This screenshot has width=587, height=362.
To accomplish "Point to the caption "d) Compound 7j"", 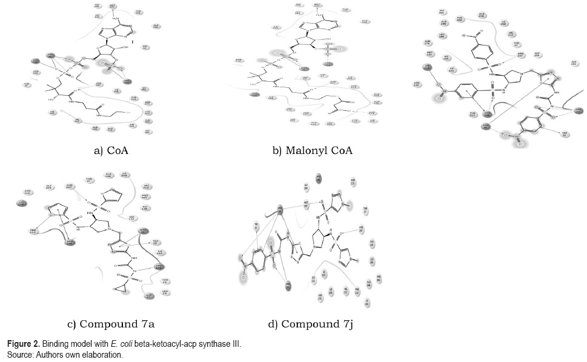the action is click(x=311, y=324).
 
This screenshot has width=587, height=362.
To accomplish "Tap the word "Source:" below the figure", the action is click(x=19, y=355).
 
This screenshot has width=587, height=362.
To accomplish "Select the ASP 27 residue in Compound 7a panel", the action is click(x=147, y=297).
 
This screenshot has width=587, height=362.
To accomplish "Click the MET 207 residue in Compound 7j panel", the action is click(x=307, y=204).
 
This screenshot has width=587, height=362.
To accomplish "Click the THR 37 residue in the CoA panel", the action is click(x=27, y=85).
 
